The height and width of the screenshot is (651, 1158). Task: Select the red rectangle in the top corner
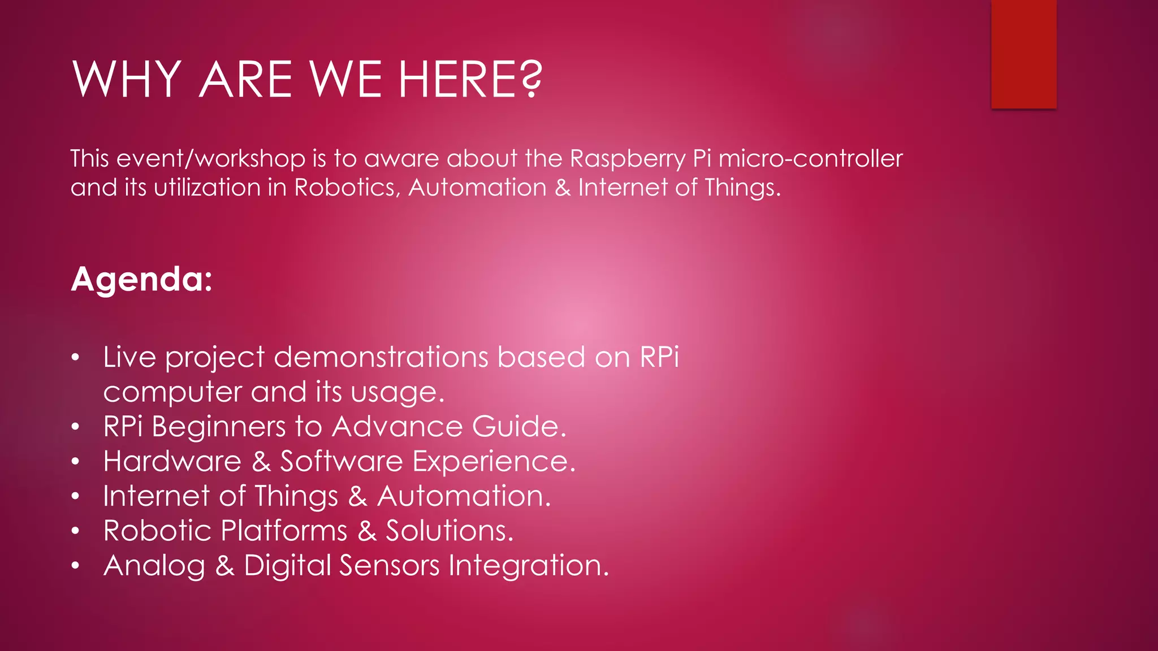coord(1023,54)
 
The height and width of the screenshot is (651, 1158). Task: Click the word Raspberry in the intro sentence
coord(628,159)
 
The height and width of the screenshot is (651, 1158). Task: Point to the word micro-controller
coord(810,159)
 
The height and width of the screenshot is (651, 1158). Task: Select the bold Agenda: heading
coord(141,279)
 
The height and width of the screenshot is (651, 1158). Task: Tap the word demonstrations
coord(381,358)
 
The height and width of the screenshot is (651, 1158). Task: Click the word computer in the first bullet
coord(172,393)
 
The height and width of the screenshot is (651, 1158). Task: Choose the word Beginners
coord(219,427)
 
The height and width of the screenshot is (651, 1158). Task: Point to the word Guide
coord(518,427)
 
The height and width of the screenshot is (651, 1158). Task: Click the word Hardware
coord(172,461)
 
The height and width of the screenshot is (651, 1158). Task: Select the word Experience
coord(494,462)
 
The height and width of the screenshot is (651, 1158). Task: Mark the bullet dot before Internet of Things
coord(76,497)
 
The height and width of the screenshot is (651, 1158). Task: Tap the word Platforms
coord(284,531)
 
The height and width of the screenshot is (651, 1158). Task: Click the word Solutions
coord(450,531)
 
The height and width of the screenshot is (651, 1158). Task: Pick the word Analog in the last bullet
coord(154,566)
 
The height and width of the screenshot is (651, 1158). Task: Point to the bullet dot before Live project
coord(76,358)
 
